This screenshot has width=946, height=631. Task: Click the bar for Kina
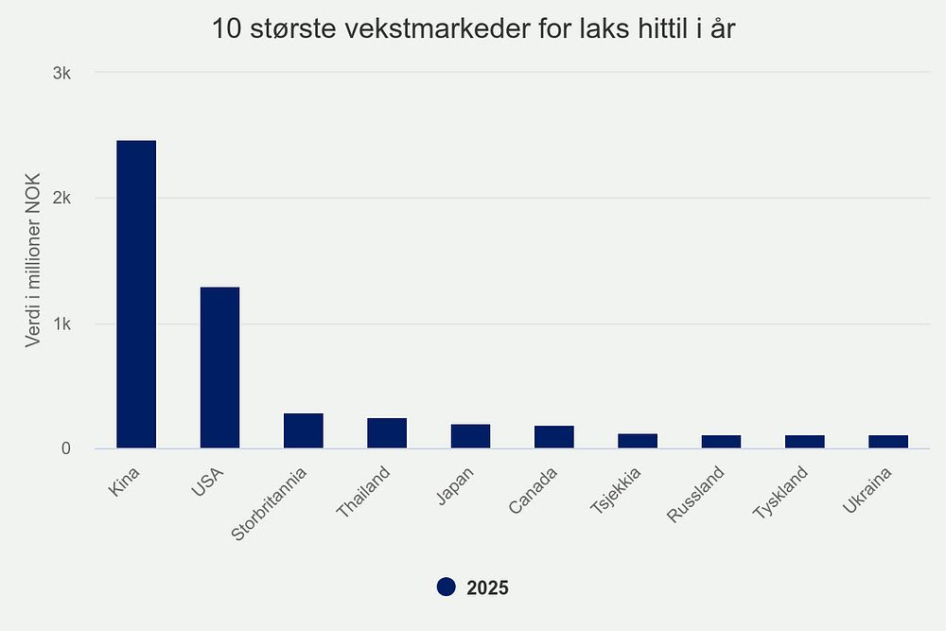pyautogui.click(x=136, y=294)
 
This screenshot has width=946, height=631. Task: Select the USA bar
pyautogui.click(x=219, y=367)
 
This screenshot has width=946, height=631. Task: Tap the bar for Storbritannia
pyautogui.click(x=304, y=430)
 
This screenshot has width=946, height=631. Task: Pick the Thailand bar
pyautogui.click(x=387, y=432)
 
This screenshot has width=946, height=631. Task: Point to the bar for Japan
pyautogui.click(x=470, y=436)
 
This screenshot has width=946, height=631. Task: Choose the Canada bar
pyautogui.click(x=554, y=437)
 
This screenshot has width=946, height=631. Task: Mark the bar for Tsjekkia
pyautogui.click(x=638, y=441)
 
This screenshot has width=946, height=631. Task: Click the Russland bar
pyautogui.click(x=721, y=442)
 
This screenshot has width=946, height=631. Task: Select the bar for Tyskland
pyautogui.click(x=805, y=442)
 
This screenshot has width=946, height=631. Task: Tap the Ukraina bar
pyautogui.click(x=888, y=442)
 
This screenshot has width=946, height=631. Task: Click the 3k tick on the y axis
pyautogui.click(x=61, y=73)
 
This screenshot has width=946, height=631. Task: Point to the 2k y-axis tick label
pyautogui.click(x=61, y=199)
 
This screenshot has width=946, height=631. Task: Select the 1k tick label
pyautogui.click(x=61, y=324)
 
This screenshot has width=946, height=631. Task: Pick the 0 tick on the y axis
pyautogui.click(x=66, y=448)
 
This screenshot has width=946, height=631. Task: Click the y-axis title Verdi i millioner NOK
pyautogui.click(x=33, y=260)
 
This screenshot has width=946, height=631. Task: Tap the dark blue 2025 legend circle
pyautogui.click(x=447, y=587)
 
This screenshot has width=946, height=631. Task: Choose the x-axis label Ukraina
pyautogui.click(x=865, y=490)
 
